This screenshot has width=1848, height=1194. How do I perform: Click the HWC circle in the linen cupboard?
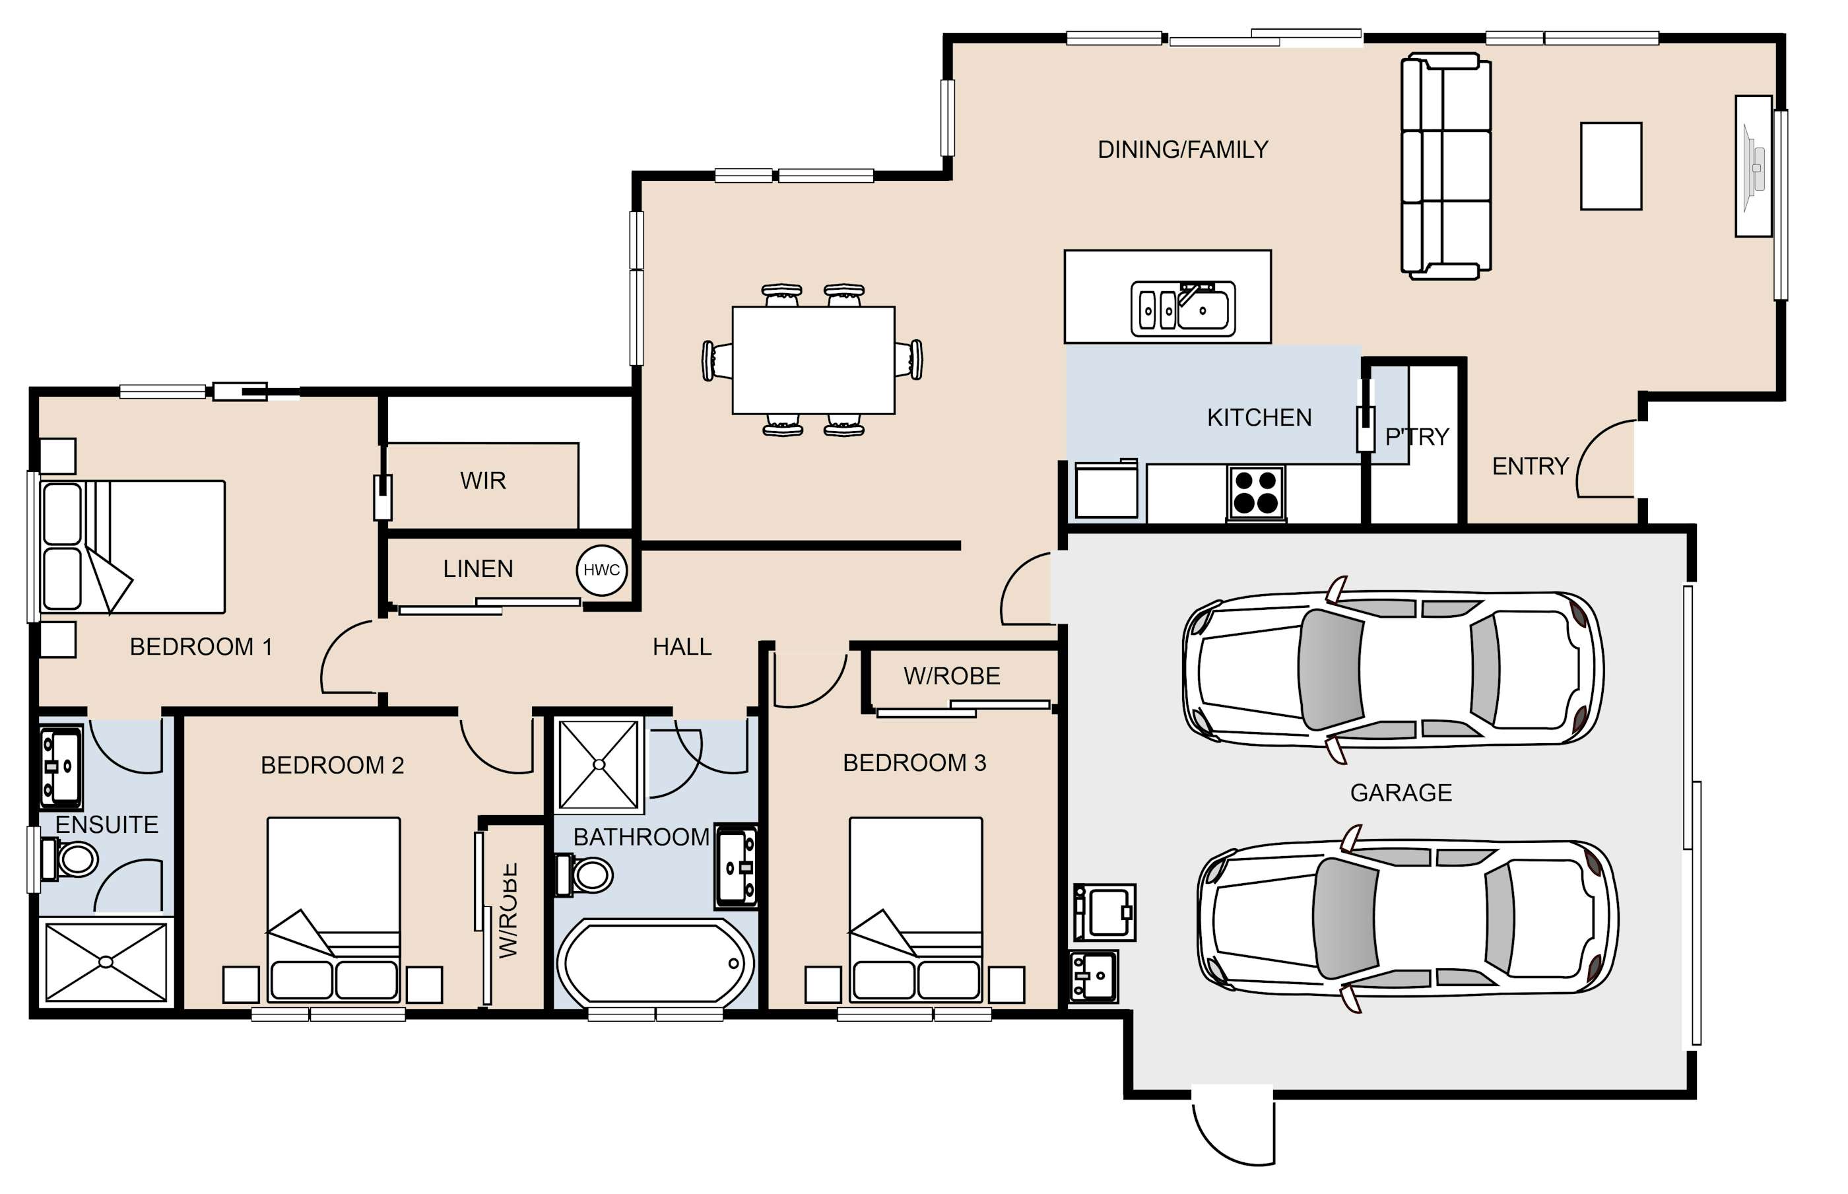pyautogui.click(x=601, y=570)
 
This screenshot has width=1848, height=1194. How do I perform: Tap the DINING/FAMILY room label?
pyautogui.click(x=1183, y=149)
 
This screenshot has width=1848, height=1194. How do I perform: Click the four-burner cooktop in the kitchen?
pyautogui.click(x=1256, y=492)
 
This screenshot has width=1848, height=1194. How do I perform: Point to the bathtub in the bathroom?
pyautogui.click(x=655, y=963)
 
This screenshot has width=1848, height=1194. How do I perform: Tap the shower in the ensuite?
pyautogui.click(x=106, y=962)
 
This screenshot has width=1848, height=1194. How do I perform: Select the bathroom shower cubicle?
pyautogui.click(x=599, y=764)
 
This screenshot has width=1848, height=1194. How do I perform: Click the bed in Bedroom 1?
pyautogui.click(x=133, y=547)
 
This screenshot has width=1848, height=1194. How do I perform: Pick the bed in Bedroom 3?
pyautogui.click(x=915, y=910)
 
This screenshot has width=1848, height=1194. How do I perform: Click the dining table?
pyautogui.click(x=813, y=360)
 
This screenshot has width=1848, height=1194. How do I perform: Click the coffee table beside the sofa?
pyautogui.click(x=1611, y=166)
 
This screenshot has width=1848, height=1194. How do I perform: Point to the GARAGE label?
pyautogui.click(x=1401, y=793)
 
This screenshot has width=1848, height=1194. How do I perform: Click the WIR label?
pyautogui.click(x=483, y=481)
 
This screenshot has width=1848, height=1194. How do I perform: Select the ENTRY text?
pyautogui.click(x=1530, y=466)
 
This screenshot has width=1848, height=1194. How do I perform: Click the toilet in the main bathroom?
pyautogui.click(x=585, y=875)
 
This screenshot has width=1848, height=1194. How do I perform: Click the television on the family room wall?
pyautogui.click(x=1751, y=167)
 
